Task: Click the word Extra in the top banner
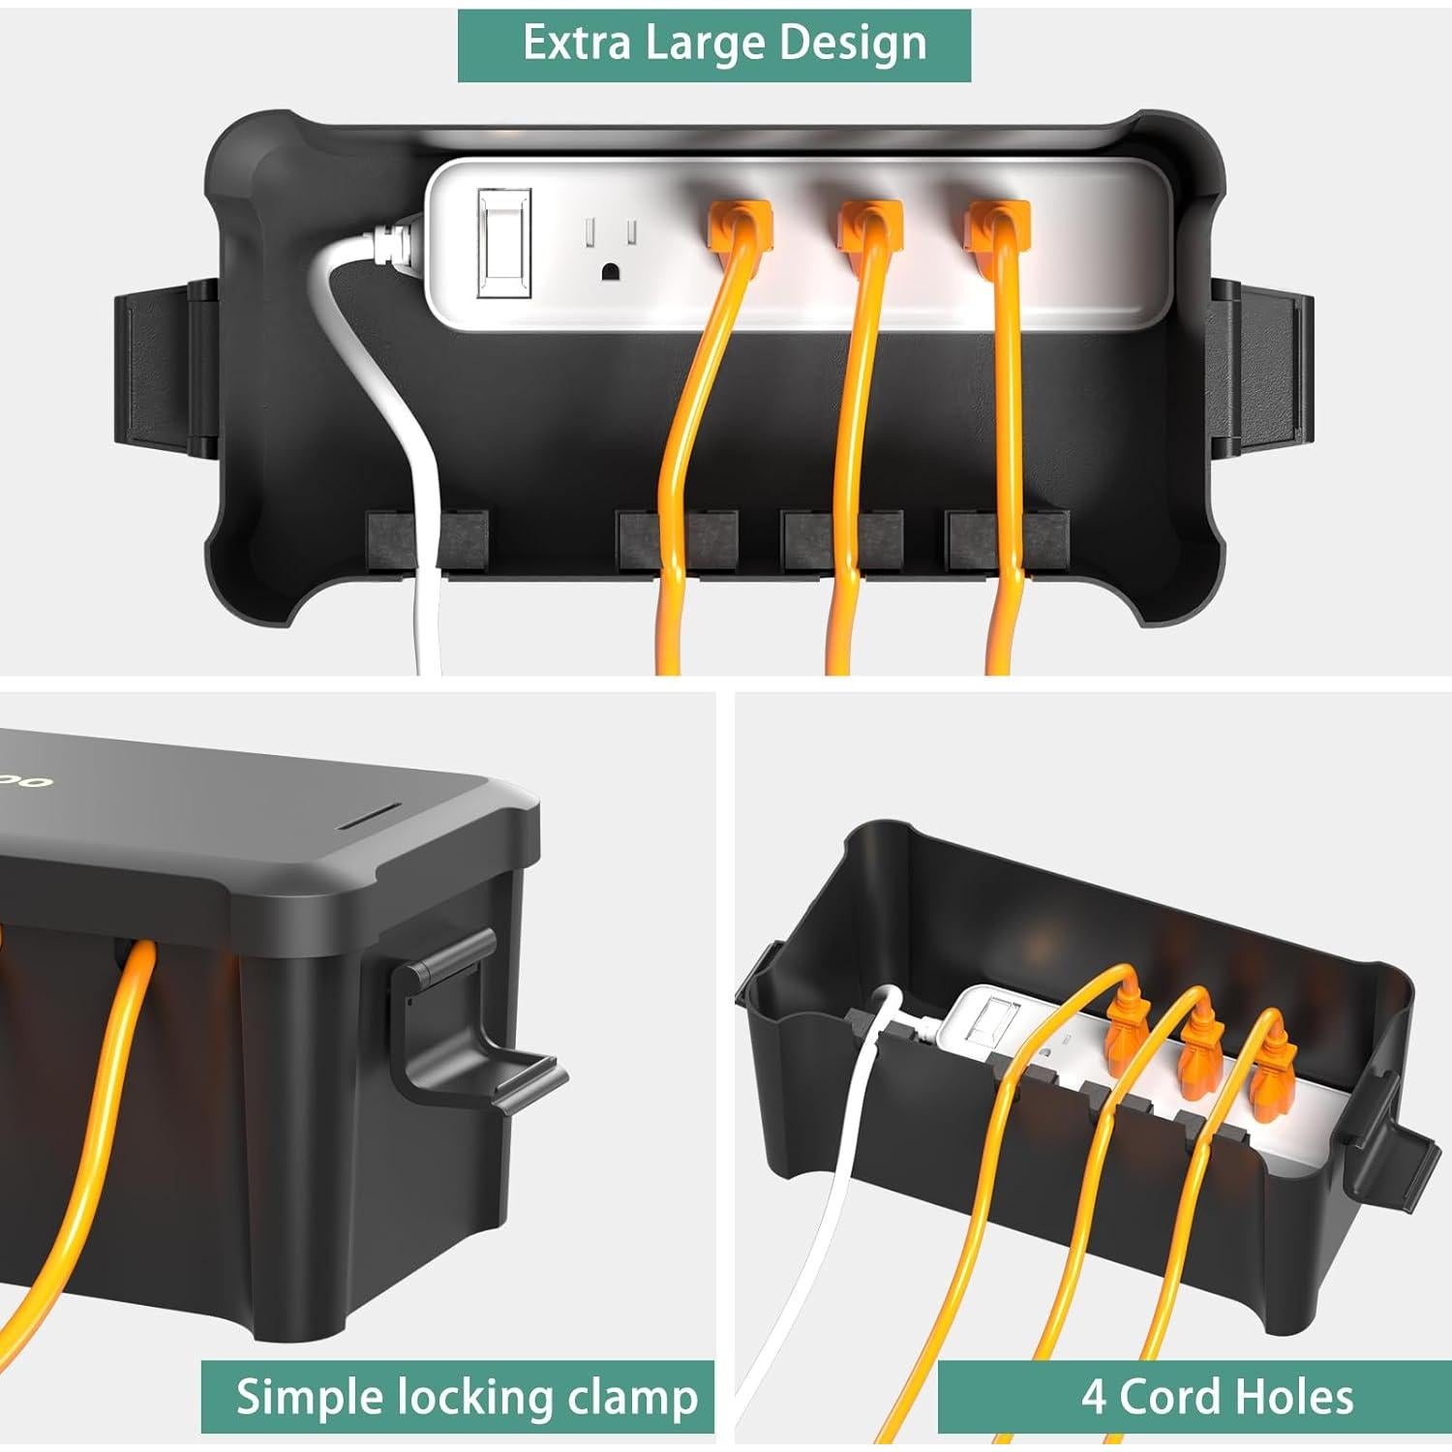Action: coord(576,44)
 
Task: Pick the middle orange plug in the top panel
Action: coord(869,224)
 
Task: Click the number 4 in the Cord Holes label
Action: coord(1094,1398)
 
